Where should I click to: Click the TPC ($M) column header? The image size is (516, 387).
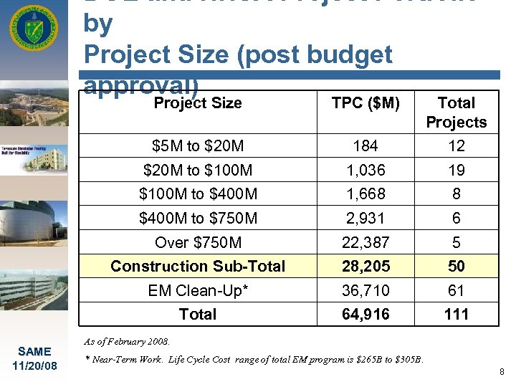(365, 102)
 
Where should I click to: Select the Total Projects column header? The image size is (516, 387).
(456, 113)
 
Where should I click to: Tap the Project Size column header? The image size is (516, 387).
(198, 102)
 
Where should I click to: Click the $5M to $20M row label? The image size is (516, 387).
(198, 146)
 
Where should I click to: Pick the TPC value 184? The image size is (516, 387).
(365, 146)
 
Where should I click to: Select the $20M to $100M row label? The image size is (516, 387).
(198, 171)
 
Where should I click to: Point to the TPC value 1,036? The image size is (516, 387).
(365, 171)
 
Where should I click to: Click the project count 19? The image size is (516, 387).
(456, 171)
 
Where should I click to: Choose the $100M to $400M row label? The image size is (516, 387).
(198, 194)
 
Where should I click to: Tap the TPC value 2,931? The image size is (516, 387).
(365, 218)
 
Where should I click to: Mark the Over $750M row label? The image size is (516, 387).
(198, 242)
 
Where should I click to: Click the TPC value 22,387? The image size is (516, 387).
(365, 242)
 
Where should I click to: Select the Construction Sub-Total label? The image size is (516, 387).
(198, 266)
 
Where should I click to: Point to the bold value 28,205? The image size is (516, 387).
(365, 266)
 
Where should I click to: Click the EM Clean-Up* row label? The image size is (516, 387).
(198, 290)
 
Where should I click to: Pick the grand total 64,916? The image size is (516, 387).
(365, 314)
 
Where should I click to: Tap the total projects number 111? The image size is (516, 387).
(456, 314)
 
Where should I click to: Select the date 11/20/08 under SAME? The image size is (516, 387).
(34, 365)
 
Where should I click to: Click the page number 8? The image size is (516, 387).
(502, 372)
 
